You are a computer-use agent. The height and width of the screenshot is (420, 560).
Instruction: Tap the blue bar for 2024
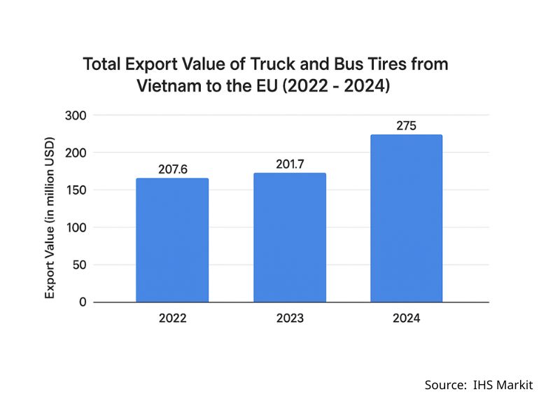pyautogui.click(x=407, y=218)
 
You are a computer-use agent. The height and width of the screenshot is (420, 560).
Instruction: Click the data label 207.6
pyautogui.click(x=172, y=169)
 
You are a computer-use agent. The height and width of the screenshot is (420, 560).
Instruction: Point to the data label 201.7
pyautogui.click(x=290, y=164)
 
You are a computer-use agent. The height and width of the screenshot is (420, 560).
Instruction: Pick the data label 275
pyautogui.click(x=407, y=127)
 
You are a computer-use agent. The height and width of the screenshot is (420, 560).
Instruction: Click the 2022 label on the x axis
pyautogui.click(x=172, y=318)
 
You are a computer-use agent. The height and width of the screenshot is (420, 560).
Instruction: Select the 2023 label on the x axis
pyautogui.click(x=290, y=318)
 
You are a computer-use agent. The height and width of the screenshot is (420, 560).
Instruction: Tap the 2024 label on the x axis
pyautogui.click(x=407, y=318)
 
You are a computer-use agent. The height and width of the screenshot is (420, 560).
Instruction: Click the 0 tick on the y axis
pyautogui.click(x=83, y=302)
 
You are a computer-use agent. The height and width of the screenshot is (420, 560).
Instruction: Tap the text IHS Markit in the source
pyautogui.click(x=503, y=385)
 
